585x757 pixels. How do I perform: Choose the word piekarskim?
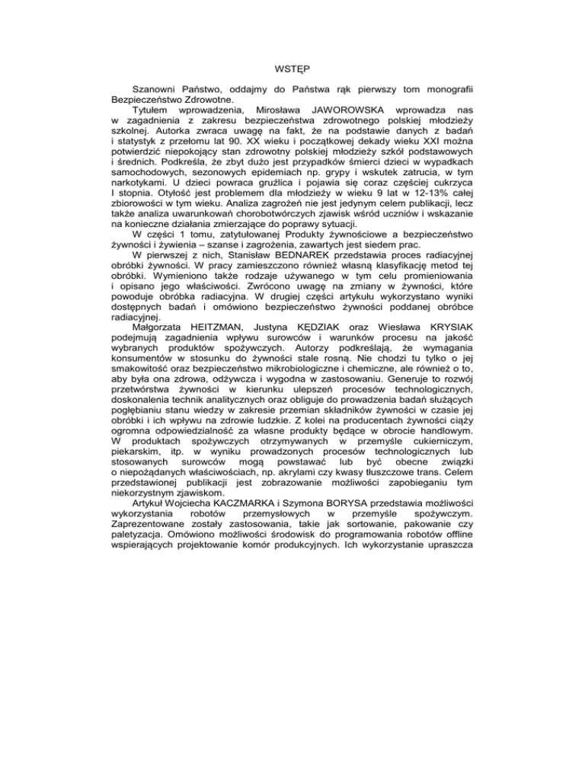click(x=138, y=550)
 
